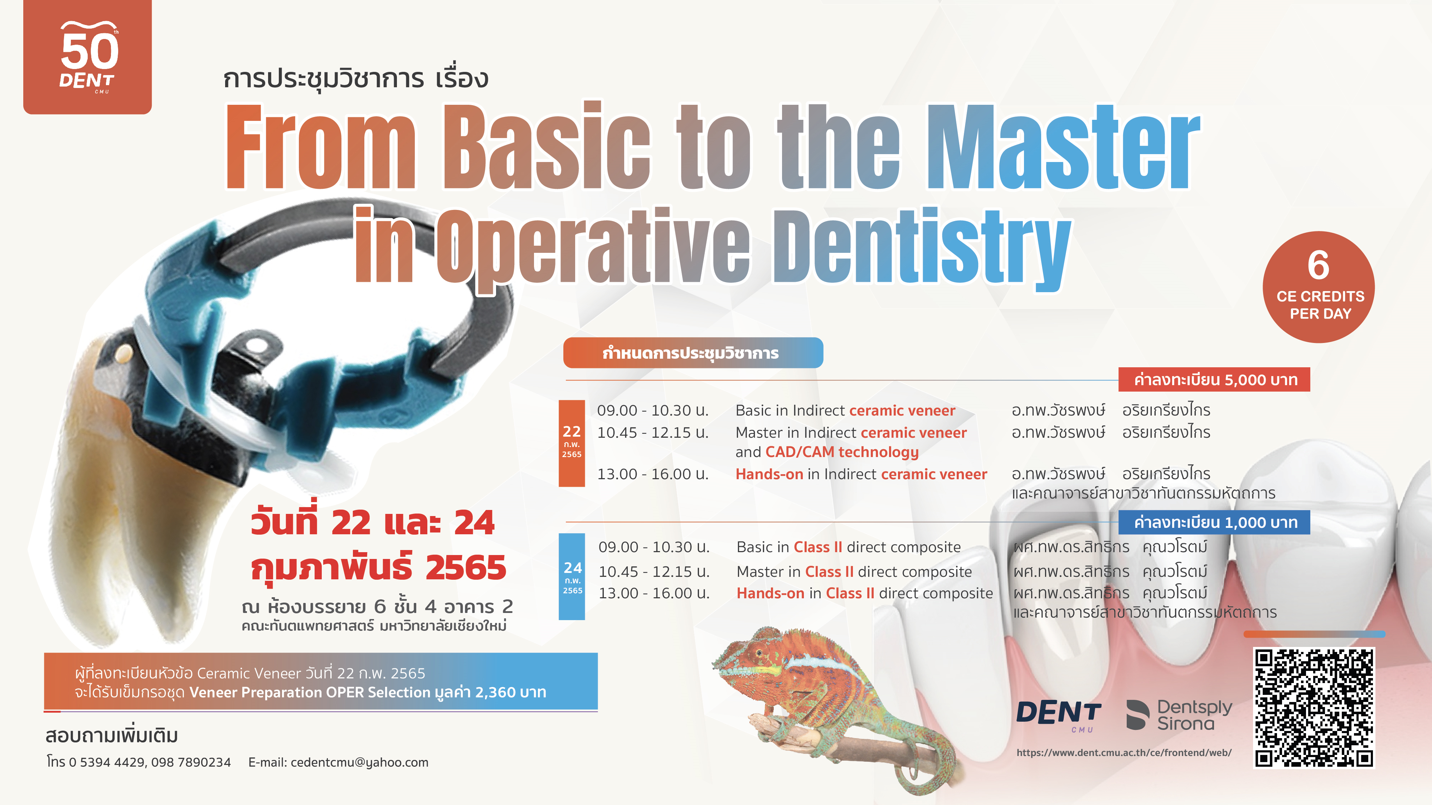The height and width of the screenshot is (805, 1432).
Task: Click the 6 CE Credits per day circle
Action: click(1319, 287)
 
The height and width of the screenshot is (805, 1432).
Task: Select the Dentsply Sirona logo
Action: click(1179, 715)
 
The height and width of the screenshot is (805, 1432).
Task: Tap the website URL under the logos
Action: click(1124, 753)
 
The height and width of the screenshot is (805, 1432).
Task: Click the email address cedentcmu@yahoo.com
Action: click(359, 762)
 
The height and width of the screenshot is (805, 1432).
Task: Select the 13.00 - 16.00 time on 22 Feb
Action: click(652, 474)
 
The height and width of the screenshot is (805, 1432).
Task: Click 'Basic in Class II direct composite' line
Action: click(848, 547)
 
